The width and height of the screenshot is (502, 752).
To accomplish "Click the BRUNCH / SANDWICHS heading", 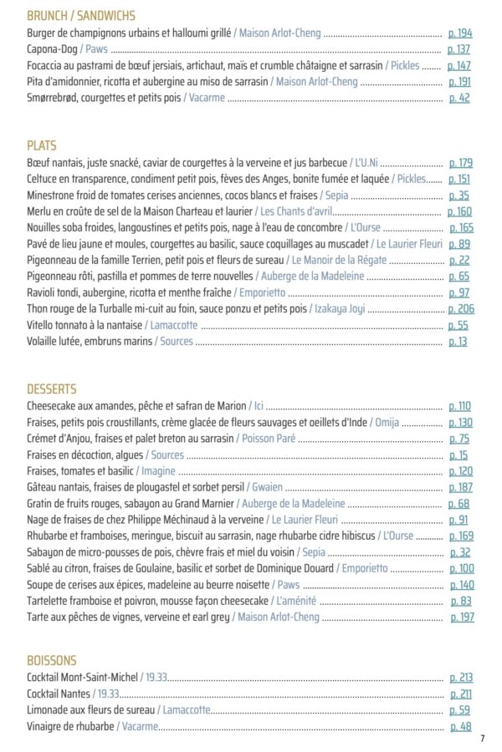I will (81, 16).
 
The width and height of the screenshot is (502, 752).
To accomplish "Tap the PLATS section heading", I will (42, 145).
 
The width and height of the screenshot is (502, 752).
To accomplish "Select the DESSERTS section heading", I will (52, 389).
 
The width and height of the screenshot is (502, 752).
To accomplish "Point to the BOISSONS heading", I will (52, 659).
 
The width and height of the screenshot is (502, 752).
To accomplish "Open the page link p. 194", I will (461, 33).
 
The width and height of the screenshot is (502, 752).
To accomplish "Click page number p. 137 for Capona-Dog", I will (461, 49).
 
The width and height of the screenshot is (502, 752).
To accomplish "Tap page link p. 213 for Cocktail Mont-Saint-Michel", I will (461, 678).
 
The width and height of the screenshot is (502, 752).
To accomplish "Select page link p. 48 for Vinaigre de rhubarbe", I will (461, 726).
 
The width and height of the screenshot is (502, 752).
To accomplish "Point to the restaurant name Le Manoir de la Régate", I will (338, 261).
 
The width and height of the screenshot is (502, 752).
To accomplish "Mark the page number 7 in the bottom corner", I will (483, 738).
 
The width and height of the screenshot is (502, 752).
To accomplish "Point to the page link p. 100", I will (461, 568).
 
